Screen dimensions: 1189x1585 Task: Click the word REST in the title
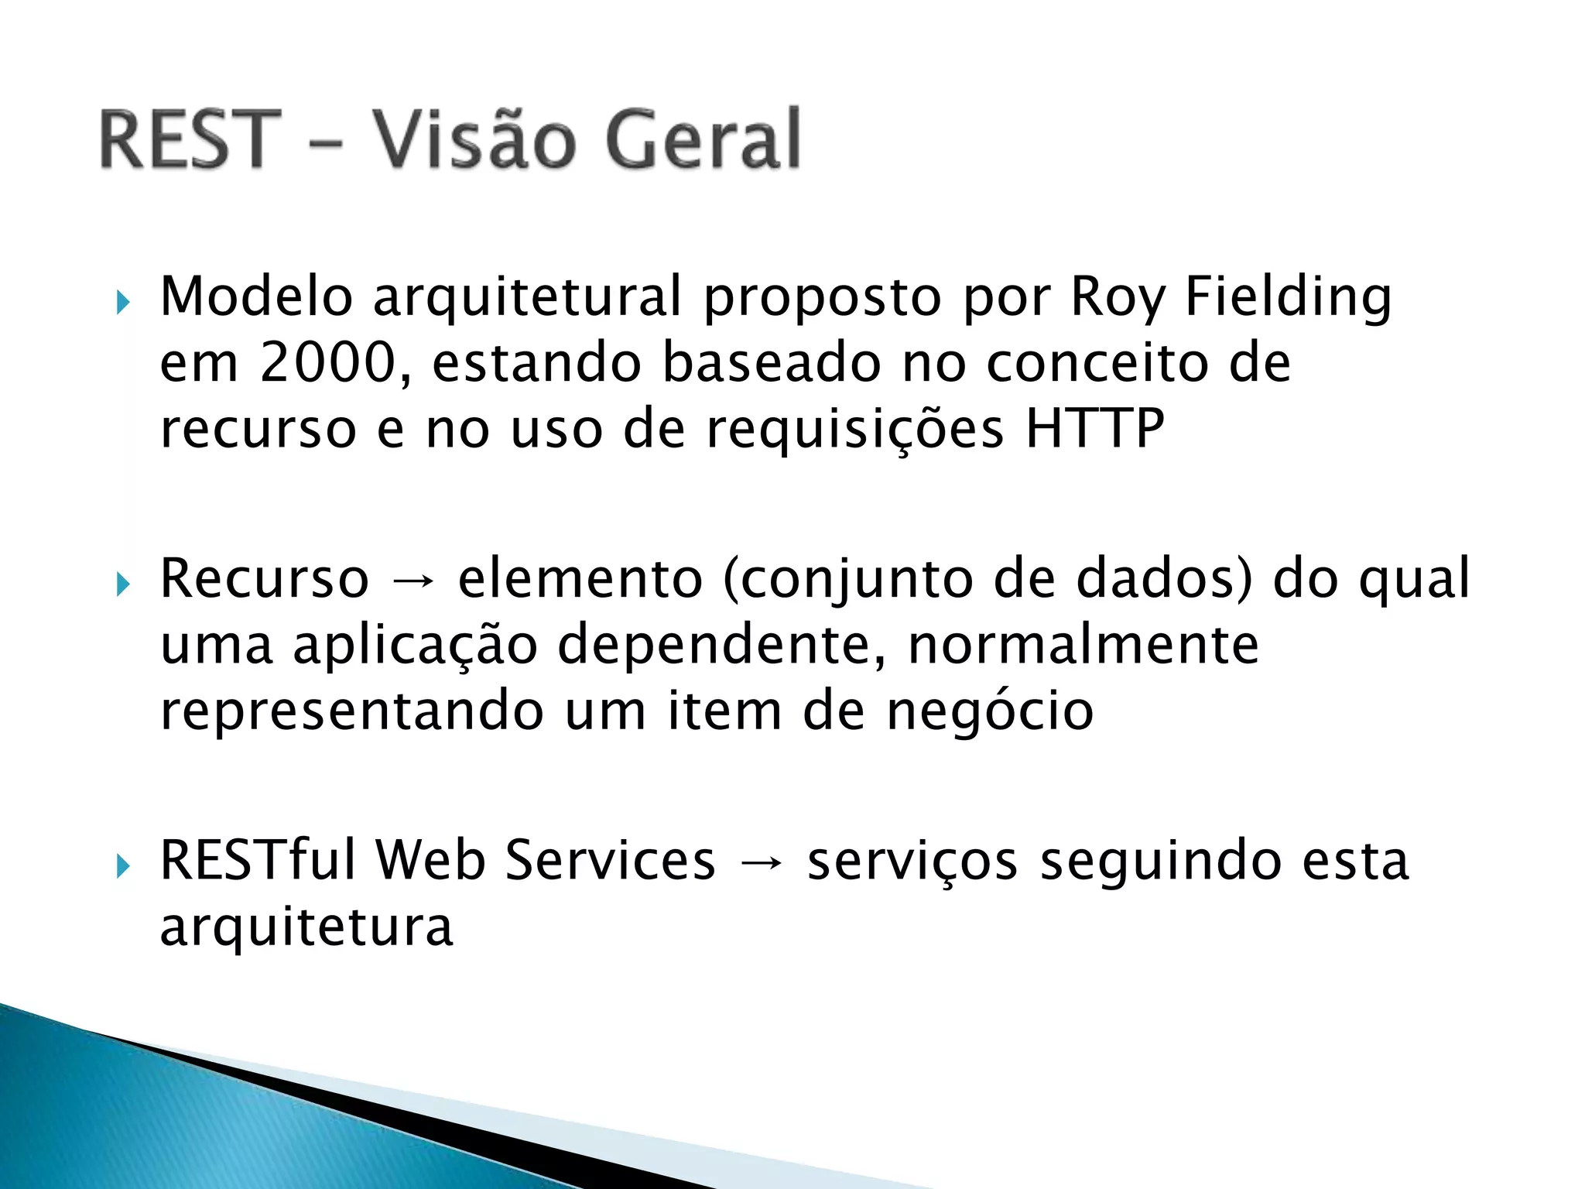[x=190, y=139]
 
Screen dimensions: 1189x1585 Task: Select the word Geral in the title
[x=703, y=139]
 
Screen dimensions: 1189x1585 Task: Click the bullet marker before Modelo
[x=122, y=303]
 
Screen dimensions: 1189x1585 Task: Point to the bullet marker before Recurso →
[x=122, y=584]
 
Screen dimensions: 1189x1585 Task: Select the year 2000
[x=327, y=363]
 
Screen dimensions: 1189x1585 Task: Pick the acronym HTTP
[x=1094, y=429]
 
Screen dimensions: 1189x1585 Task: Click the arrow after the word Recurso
[x=413, y=581]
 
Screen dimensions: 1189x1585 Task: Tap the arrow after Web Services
[x=762, y=862]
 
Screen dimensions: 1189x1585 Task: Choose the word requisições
[x=854, y=430]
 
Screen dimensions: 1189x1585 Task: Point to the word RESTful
[x=257, y=861]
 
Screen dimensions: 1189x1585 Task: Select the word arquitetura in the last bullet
[x=306, y=928]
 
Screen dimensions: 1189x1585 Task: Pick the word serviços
[x=912, y=862]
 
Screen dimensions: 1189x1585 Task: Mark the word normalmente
[x=1083, y=646]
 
